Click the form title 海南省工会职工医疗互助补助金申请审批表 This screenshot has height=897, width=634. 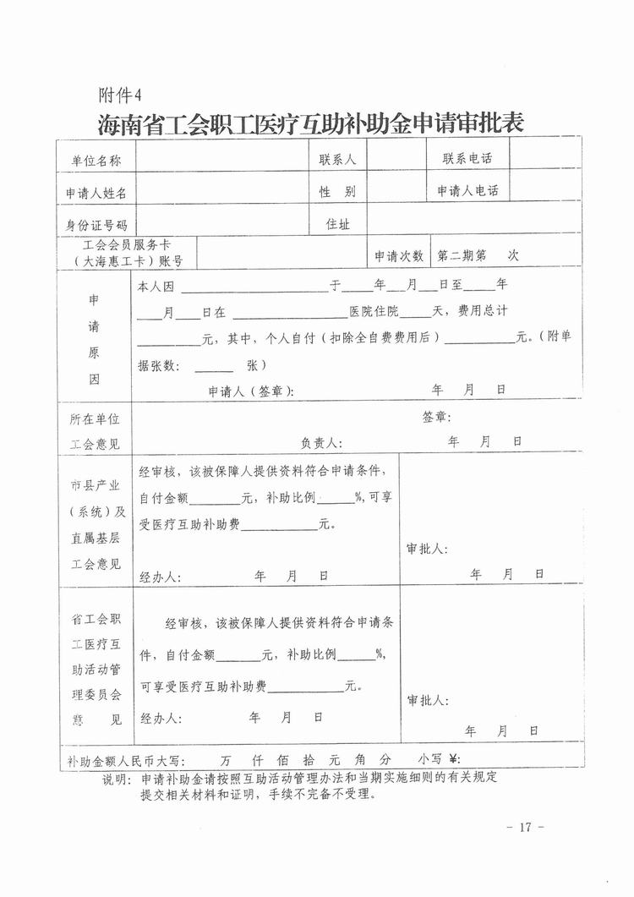(311, 123)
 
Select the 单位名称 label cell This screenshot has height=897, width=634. (93, 160)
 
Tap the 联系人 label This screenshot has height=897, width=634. (336, 159)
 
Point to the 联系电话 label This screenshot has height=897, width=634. (467, 159)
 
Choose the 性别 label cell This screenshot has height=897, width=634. (336, 191)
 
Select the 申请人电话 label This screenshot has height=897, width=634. (467, 191)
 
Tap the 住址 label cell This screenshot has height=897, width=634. (337, 223)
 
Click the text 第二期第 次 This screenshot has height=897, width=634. (477, 254)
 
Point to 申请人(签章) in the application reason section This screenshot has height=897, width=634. (251, 391)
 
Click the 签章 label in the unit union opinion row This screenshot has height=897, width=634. (437, 417)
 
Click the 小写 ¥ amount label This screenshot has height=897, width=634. (436, 758)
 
